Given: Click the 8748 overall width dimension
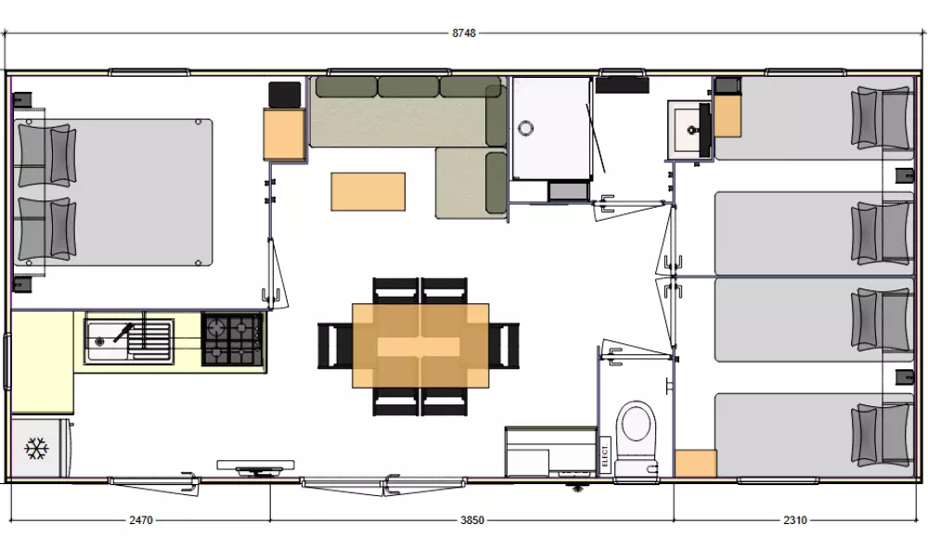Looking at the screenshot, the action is (464, 33).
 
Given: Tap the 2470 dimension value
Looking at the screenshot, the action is (141, 520).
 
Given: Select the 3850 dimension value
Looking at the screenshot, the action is (472, 520).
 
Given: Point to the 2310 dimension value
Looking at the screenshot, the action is (795, 520).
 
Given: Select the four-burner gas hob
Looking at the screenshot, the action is (233, 339).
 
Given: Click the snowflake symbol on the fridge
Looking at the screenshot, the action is (36, 449).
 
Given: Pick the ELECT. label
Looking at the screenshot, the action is (604, 454).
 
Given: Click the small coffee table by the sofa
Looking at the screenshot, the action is (368, 191).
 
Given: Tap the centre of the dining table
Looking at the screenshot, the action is (420, 346).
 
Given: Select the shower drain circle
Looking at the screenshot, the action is (525, 127).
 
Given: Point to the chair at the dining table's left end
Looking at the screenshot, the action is (335, 346).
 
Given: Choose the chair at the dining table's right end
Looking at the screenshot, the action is (504, 346).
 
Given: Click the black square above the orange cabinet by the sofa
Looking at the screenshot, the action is (285, 95).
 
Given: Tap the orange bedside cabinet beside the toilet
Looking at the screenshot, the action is (696, 464).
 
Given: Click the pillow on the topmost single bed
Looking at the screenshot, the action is (882, 119).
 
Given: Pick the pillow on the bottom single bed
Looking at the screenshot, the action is (882, 436).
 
